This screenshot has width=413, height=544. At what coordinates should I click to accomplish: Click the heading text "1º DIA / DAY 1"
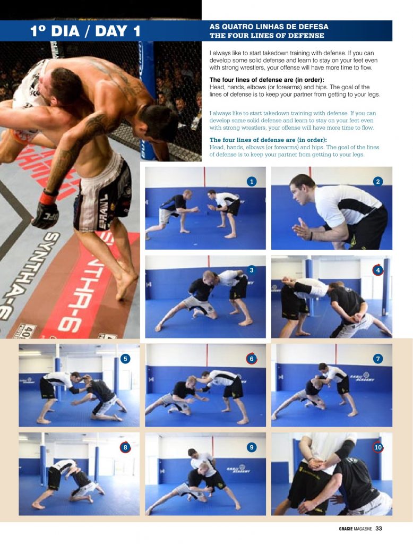(x=85, y=31)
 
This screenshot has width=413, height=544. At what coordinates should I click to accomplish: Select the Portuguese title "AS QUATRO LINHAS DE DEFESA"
(x=269, y=27)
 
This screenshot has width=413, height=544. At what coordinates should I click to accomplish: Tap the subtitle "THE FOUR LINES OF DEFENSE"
(x=267, y=36)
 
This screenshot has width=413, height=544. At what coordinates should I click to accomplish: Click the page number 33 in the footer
(x=378, y=528)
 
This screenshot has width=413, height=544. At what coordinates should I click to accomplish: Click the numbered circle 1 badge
(x=252, y=182)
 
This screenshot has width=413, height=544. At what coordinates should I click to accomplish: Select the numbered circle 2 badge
(x=378, y=182)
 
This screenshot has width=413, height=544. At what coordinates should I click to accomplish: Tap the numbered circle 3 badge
(x=252, y=270)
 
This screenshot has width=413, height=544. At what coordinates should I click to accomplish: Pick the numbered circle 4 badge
(x=378, y=270)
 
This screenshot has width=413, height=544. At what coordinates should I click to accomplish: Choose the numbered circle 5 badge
(x=125, y=359)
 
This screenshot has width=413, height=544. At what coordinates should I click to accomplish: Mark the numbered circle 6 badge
(x=252, y=359)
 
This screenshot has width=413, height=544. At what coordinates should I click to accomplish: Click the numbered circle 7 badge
(x=378, y=359)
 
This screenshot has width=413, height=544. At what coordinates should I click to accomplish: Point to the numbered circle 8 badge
(x=125, y=447)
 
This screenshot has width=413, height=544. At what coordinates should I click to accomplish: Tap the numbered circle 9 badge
(x=252, y=447)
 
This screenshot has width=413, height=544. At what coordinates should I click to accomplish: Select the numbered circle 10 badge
(x=378, y=447)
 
